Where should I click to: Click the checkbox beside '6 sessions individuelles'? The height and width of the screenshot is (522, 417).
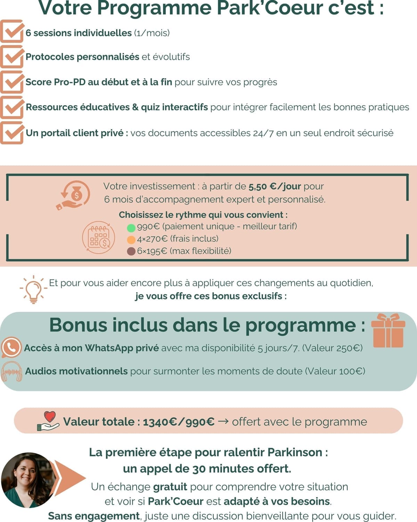12,32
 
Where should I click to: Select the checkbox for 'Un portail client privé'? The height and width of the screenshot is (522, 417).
12,133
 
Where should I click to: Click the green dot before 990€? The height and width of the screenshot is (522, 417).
131,228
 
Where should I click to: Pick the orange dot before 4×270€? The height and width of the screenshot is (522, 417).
131,240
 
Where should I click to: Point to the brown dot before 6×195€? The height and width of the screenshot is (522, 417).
131,251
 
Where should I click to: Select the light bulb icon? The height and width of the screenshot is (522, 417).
33,289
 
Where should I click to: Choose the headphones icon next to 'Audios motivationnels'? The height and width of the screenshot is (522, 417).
12,372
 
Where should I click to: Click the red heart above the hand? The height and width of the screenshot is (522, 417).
50,416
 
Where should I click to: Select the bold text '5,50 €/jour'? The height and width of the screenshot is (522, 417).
275,187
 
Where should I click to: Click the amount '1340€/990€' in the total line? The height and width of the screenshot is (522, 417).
179,422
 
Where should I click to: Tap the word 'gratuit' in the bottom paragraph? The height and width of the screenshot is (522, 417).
170,487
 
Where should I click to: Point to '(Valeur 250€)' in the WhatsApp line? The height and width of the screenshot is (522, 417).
332,348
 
